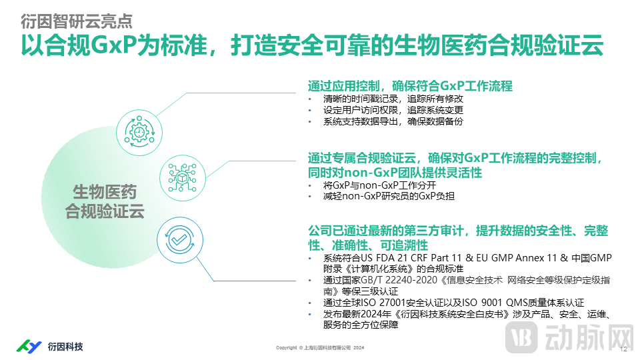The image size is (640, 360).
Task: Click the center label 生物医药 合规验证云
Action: (105, 202)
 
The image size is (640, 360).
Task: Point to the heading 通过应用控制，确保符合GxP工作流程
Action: (409, 86)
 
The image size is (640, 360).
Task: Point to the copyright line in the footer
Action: (320, 348)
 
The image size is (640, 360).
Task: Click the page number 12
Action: (623, 349)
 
